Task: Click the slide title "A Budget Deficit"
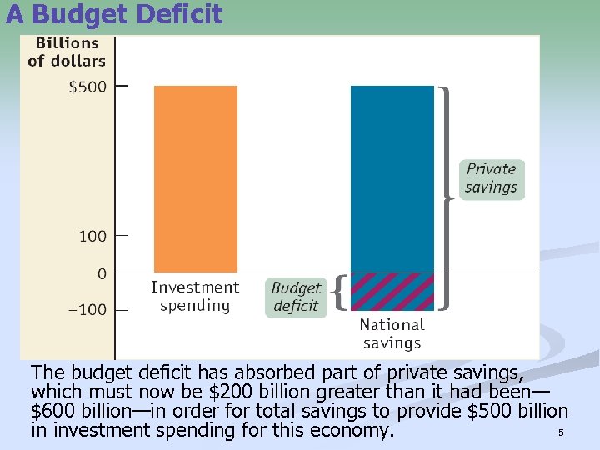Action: [x=114, y=14]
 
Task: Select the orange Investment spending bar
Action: [x=196, y=178]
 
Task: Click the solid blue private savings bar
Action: [x=392, y=178]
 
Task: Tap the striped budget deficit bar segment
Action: [x=392, y=292]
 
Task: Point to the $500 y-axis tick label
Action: [x=87, y=87]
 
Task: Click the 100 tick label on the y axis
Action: [x=92, y=237]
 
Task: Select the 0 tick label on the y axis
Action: [x=102, y=273]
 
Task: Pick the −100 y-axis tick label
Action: [x=87, y=310]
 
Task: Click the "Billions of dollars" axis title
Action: [x=67, y=52]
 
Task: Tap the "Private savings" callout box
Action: [x=491, y=178]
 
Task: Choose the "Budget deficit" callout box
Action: [x=296, y=297]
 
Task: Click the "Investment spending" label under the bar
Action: [x=195, y=297]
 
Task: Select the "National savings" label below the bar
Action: [x=392, y=333]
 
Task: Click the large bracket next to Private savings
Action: [x=447, y=197]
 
